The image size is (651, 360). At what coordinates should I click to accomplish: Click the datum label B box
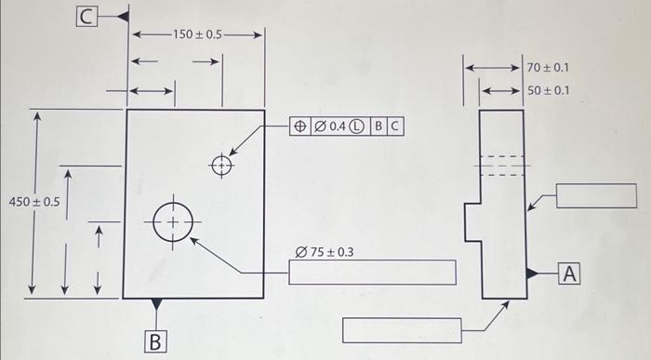pyautogui.click(x=156, y=340)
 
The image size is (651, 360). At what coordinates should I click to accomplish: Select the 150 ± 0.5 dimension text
pyautogui.click(x=197, y=34)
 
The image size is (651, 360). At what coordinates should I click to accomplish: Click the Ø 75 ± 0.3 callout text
pyautogui.click(x=324, y=252)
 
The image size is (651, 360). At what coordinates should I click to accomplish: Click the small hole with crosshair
pyautogui.click(x=221, y=166)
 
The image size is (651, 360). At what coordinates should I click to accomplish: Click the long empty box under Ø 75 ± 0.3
pyautogui.click(x=372, y=273)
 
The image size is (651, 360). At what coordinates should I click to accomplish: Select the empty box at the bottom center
pyautogui.click(x=402, y=330)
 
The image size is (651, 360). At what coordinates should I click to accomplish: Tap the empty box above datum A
pyautogui.click(x=595, y=196)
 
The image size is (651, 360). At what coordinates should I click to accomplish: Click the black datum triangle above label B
pyautogui.click(x=156, y=304)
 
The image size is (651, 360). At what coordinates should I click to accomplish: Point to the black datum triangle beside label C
pyautogui.click(x=121, y=17)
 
